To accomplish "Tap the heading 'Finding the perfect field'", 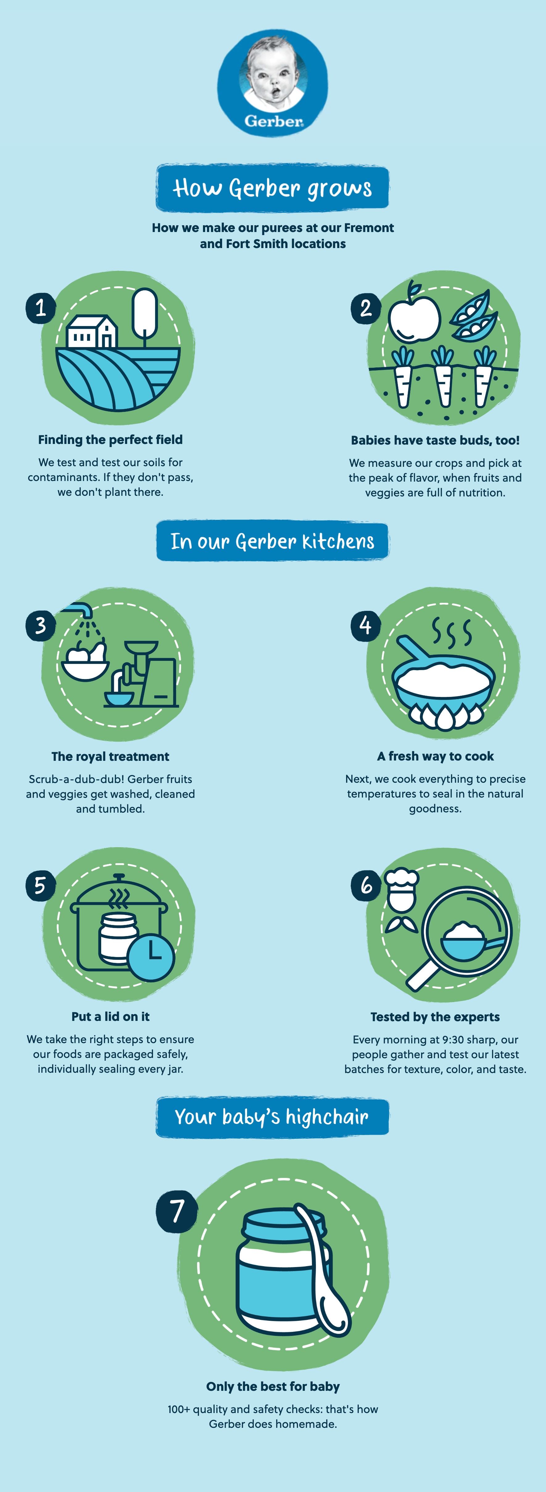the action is (x=110, y=440).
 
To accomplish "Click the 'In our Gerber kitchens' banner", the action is (x=272, y=541).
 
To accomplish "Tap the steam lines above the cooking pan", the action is (x=452, y=631).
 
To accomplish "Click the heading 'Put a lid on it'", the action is (x=111, y=1017).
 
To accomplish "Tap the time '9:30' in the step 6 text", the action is (x=453, y=1040).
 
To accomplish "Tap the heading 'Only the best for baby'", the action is (x=273, y=1386).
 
